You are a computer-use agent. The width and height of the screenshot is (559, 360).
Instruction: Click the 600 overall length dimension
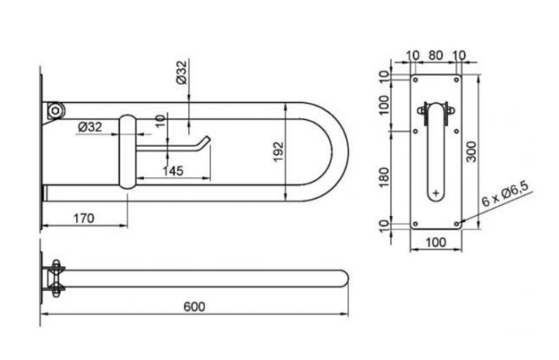[195, 306]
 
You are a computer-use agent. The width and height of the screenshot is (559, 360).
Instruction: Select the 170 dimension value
[83, 218]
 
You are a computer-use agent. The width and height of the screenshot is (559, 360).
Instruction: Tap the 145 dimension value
[173, 171]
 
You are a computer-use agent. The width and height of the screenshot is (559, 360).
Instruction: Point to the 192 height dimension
[278, 151]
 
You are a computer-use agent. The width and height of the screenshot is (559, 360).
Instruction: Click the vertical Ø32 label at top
[181, 72]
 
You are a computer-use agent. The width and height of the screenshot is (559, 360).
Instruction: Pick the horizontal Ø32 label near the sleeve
[90, 127]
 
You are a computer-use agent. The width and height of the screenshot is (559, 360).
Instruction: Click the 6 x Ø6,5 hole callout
[505, 195]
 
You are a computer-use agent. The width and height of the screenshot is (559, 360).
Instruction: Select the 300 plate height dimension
[471, 152]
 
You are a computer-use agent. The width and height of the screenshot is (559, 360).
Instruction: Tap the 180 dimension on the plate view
[384, 177]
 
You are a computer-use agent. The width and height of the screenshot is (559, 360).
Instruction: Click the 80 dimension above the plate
[435, 56]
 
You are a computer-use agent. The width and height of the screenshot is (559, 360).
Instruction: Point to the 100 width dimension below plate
[436, 242]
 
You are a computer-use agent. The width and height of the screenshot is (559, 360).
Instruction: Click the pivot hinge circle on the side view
[55, 110]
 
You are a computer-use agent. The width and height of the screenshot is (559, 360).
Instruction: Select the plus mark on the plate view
[436, 194]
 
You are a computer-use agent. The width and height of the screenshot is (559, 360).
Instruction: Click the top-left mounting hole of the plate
[415, 80]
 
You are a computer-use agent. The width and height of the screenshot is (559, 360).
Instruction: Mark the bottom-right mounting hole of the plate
[457, 224]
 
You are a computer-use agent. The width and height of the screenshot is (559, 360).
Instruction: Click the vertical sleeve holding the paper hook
[127, 151]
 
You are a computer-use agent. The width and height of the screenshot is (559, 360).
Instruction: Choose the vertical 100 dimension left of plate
[384, 104]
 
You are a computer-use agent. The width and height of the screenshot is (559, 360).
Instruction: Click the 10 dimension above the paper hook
[161, 121]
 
